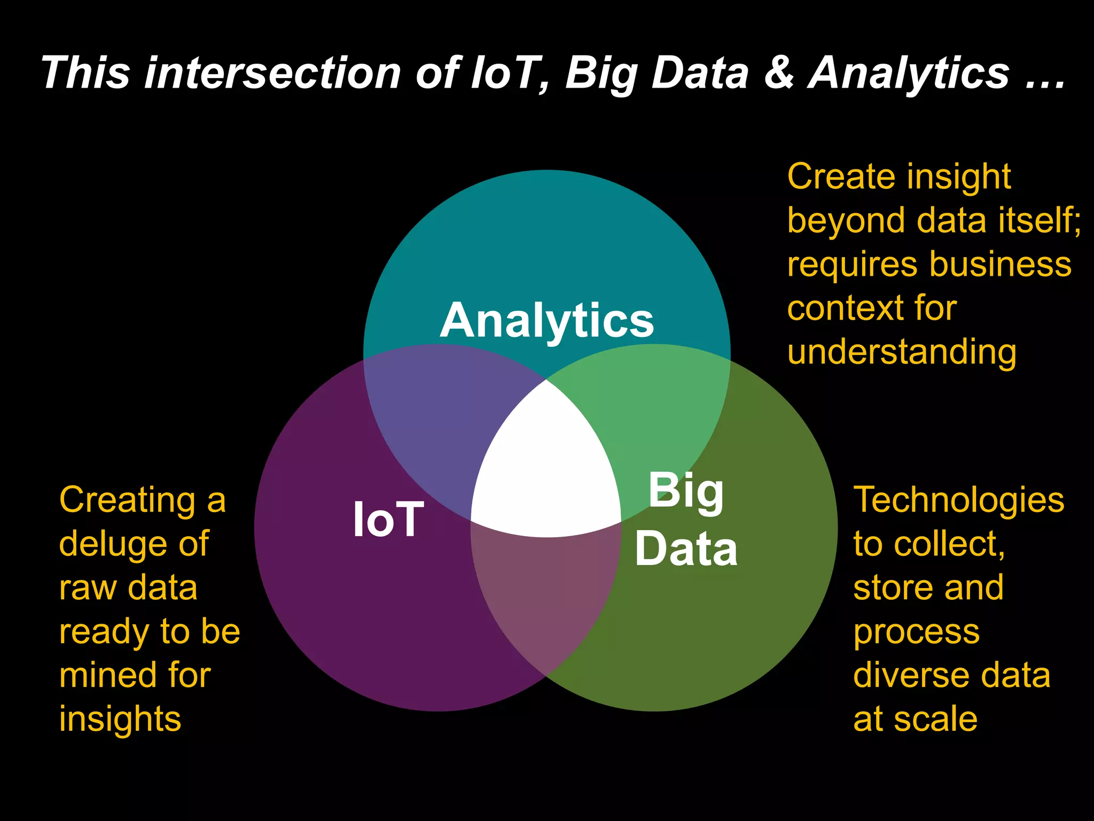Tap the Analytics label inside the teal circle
(x=546, y=321)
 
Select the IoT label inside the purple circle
(x=388, y=520)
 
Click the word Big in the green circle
(x=686, y=491)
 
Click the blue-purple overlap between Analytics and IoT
(x=443, y=422)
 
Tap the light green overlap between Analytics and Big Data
(x=652, y=417)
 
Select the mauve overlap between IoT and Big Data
(x=546, y=599)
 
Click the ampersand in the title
(x=778, y=73)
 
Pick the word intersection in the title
(x=272, y=73)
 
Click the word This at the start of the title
(x=85, y=73)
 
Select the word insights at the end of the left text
(x=120, y=719)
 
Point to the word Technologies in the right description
(x=959, y=501)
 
